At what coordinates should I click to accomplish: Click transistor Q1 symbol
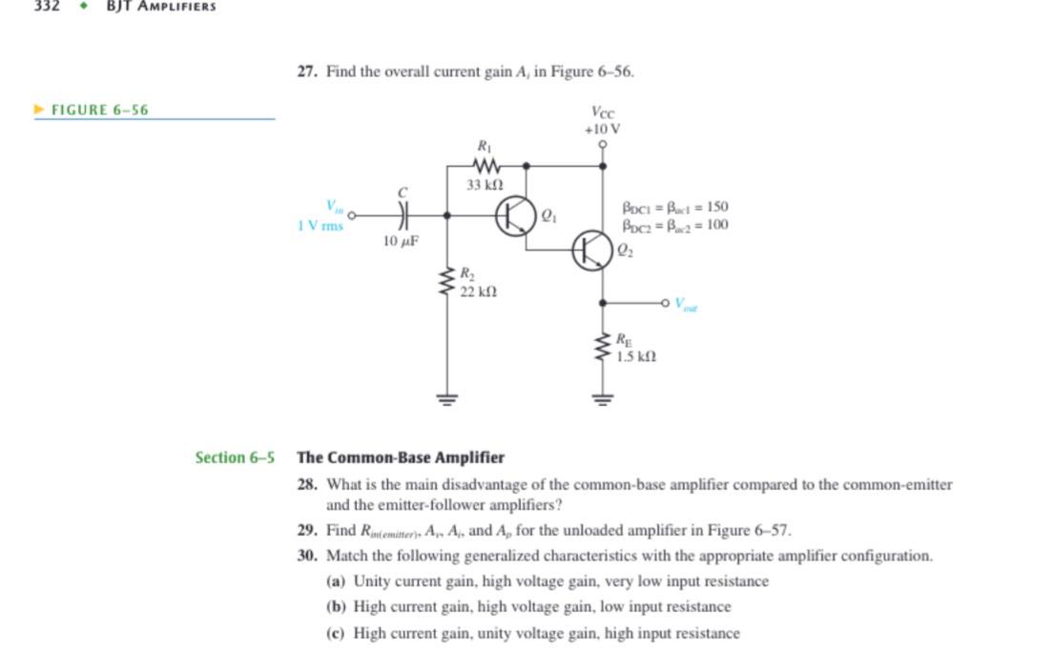point(515,216)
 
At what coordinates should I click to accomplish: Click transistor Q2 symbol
point(591,251)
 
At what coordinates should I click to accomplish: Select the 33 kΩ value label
point(485,184)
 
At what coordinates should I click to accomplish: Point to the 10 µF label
point(401,242)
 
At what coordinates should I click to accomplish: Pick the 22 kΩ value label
point(478,292)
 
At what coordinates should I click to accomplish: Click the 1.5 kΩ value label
point(635,356)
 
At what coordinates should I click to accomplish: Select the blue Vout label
point(686,305)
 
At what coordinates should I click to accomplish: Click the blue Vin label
point(334,206)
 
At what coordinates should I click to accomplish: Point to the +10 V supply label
point(603,129)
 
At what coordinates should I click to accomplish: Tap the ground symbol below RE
point(603,397)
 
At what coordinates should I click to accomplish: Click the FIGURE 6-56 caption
point(99,110)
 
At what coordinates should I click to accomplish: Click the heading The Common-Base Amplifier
point(401,457)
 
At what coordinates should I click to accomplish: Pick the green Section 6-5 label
point(235,457)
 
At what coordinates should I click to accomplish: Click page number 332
point(47,6)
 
